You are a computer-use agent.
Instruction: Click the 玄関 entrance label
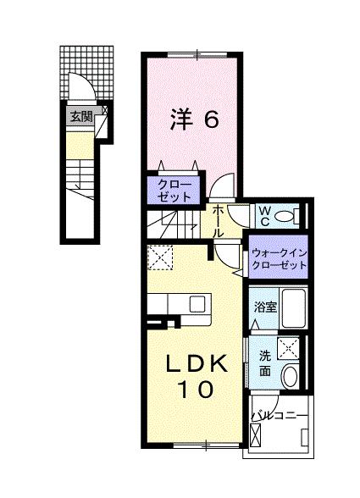tap(81, 118)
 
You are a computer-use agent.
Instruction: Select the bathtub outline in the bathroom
tap(292, 310)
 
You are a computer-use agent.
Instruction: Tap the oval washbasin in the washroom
tap(290, 377)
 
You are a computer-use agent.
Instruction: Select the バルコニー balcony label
tap(280, 416)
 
